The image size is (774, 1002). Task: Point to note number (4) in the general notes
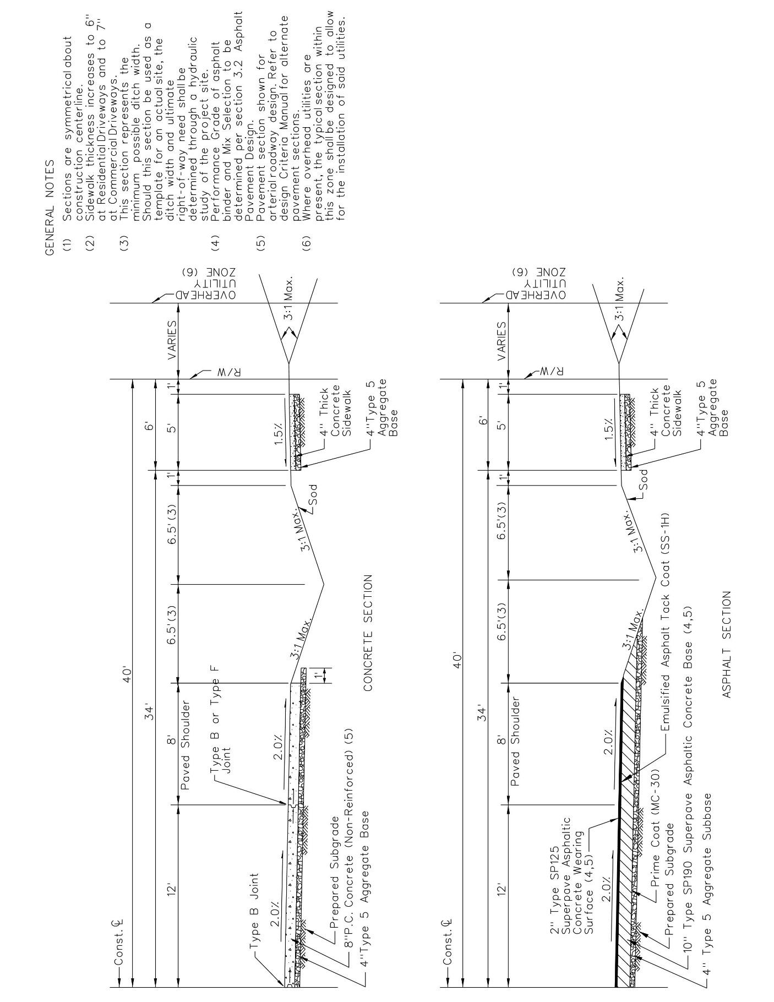216,241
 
